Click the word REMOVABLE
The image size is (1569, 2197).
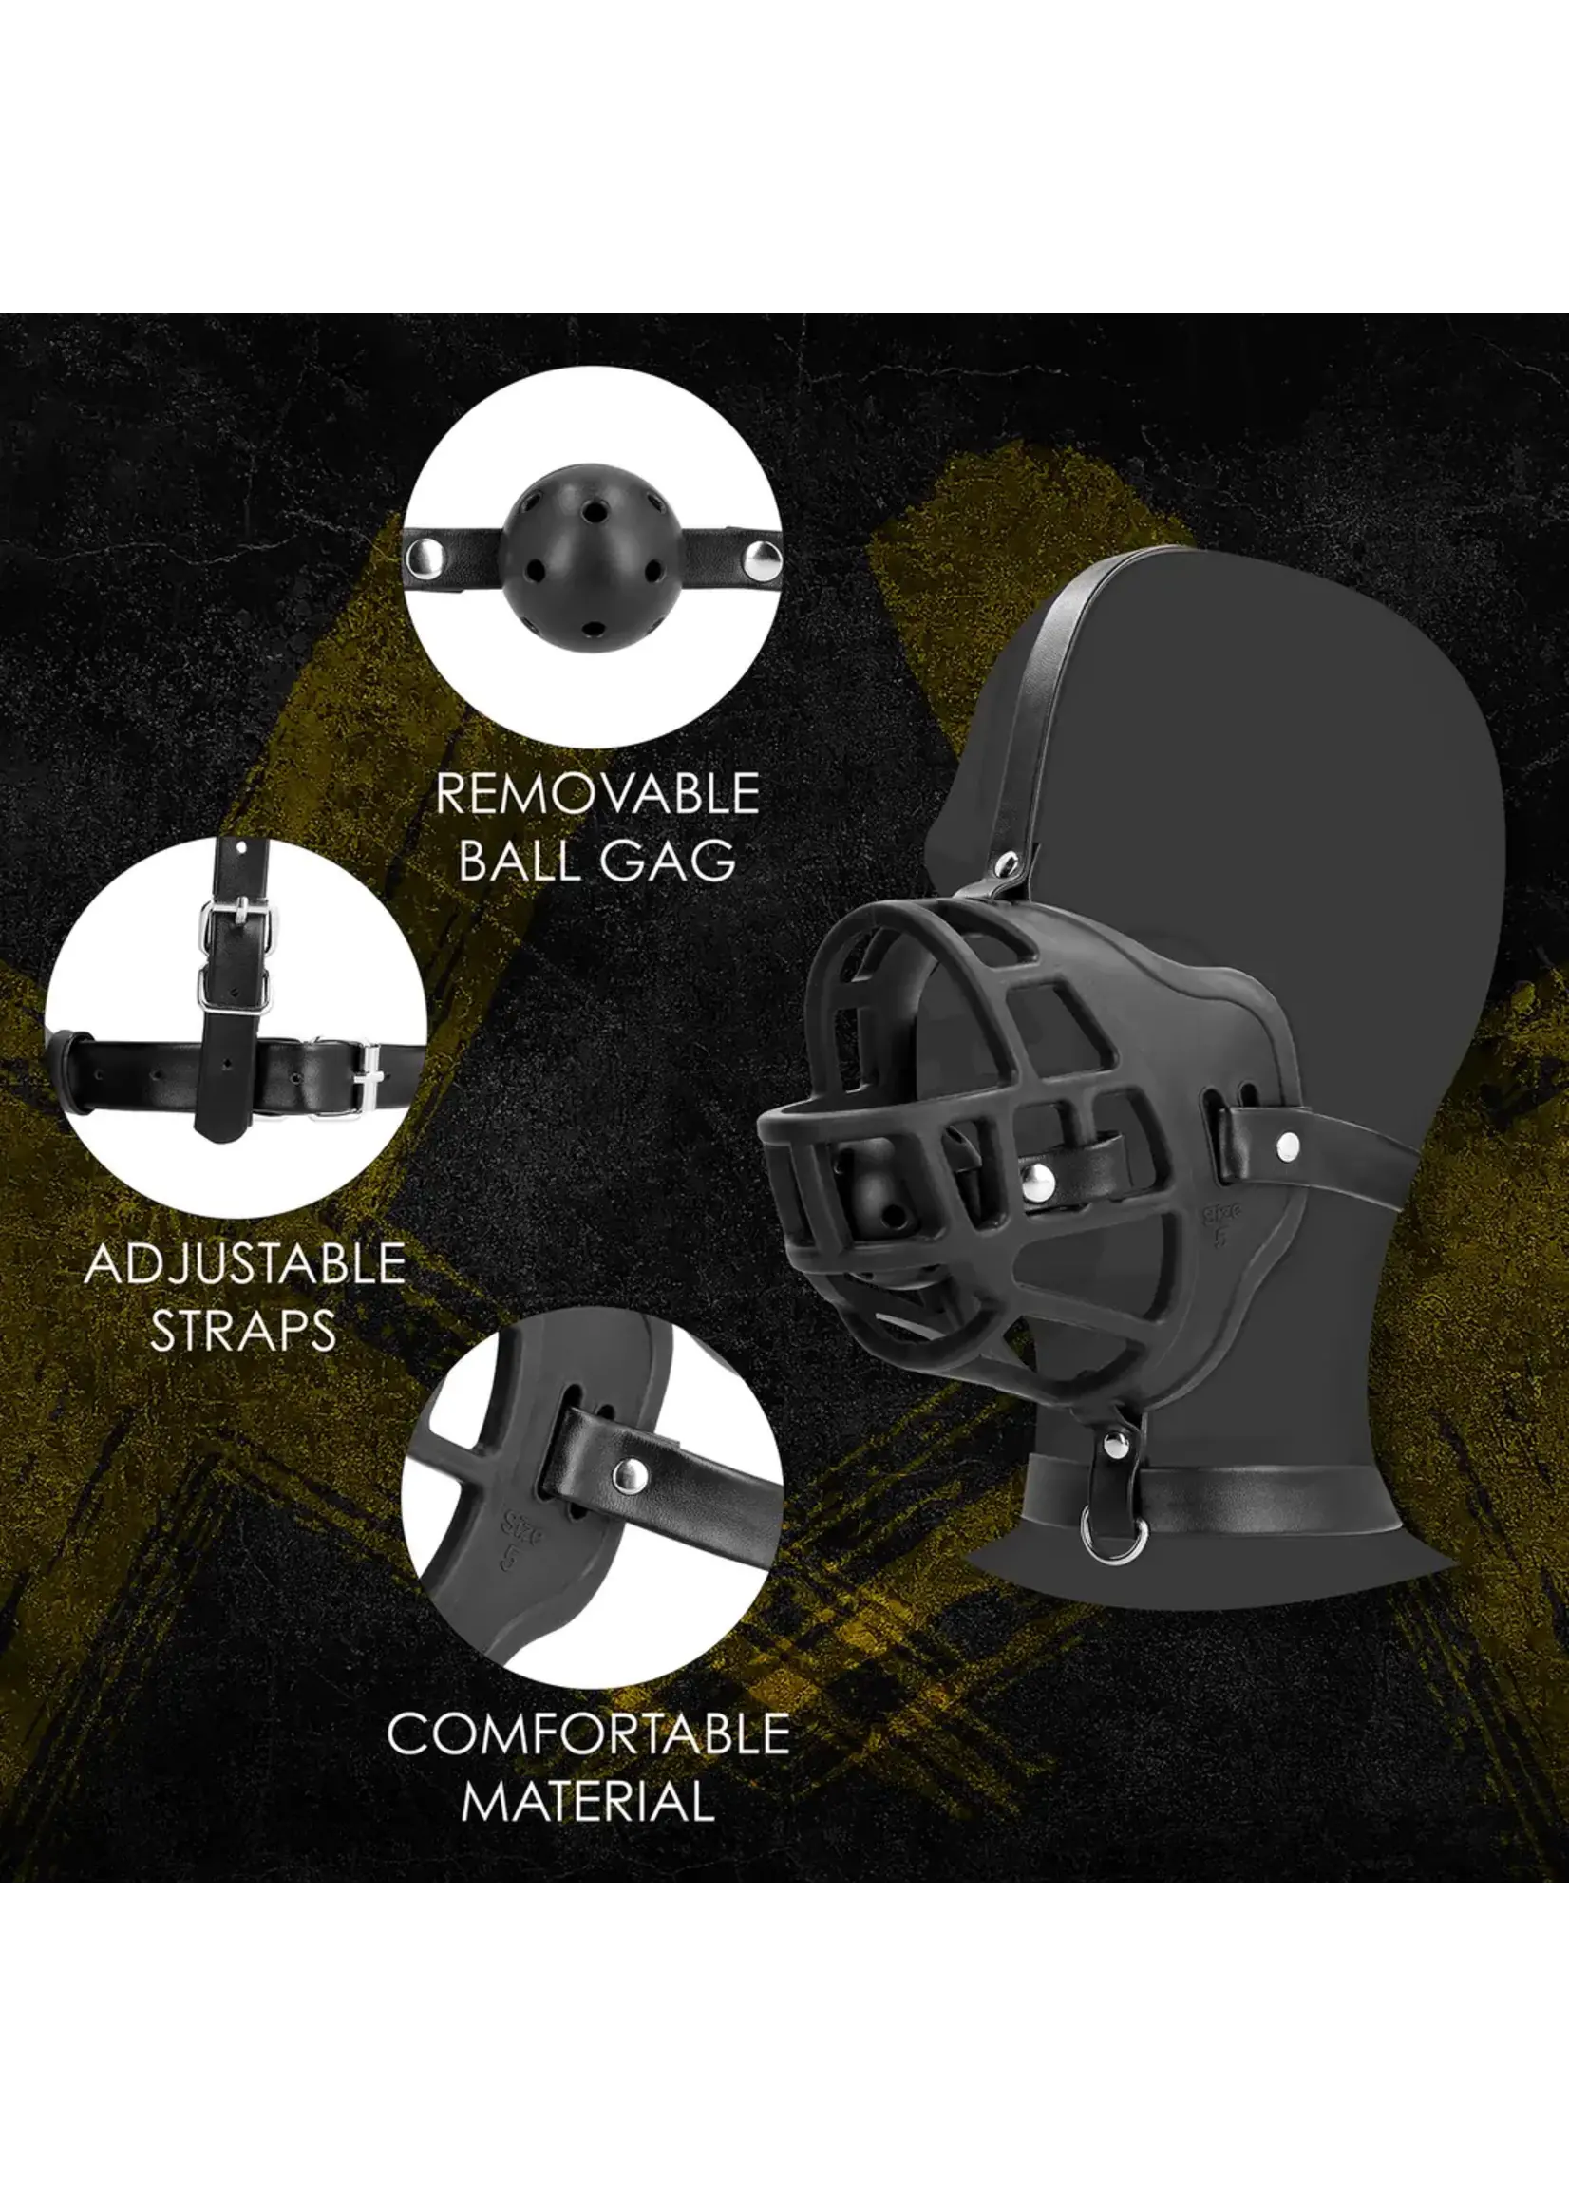tap(596, 793)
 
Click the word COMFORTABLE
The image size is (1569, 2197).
tap(589, 1733)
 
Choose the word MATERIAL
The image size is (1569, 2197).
tap(589, 1800)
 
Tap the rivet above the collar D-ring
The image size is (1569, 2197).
tap(1113, 1448)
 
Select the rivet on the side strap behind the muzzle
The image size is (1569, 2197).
tap(1286, 1146)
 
